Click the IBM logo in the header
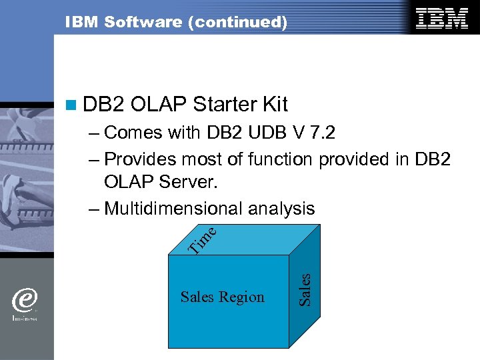coord(442,19)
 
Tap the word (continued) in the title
coord(238,22)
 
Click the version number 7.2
coord(319,133)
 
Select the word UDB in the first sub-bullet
coord(266,133)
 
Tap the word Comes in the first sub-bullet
coord(133,133)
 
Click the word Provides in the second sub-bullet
coord(141,159)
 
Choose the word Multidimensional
coord(174,209)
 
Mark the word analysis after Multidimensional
coord(281,209)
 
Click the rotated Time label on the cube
coord(202,241)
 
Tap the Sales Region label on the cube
coord(223,297)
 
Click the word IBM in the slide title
coord(79,22)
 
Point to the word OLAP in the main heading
coord(158,104)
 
